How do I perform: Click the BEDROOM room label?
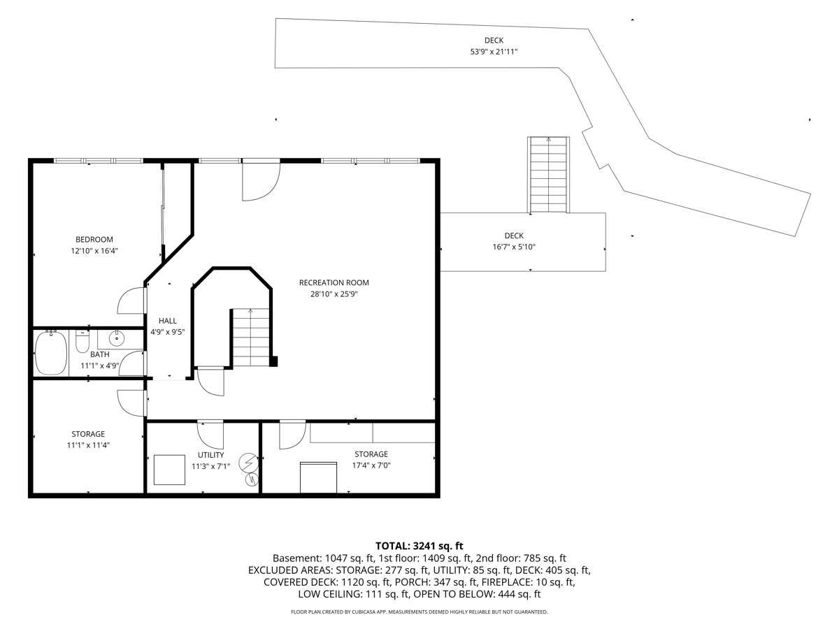pyautogui.click(x=94, y=240)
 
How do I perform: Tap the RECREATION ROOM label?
pyautogui.click(x=334, y=282)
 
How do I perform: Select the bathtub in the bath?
pyautogui.click(x=51, y=352)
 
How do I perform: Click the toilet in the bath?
pyautogui.click(x=83, y=342)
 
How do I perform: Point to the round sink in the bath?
pyautogui.click(x=116, y=338)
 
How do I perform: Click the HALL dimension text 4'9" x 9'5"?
pyautogui.click(x=167, y=332)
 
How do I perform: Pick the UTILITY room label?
pyautogui.click(x=210, y=455)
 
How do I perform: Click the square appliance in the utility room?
pyautogui.click(x=169, y=470)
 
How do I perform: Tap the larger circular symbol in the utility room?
pyautogui.click(x=248, y=463)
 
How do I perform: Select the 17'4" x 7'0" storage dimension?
pyautogui.click(x=371, y=465)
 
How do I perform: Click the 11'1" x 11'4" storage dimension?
pyautogui.click(x=88, y=445)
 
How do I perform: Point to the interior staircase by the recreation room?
pyautogui.click(x=251, y=338)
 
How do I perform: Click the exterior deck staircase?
pyautogui.click(x=549, y=175)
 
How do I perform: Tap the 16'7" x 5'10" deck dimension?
pyautogui.click(x=514, y=247)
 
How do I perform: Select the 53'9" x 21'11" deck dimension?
pyautogui.click(x=494, y=52)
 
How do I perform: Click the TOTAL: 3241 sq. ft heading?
pyautogui.click(x=419, y=546)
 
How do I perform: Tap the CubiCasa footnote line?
pyautogui.click(x=419, y=612)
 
